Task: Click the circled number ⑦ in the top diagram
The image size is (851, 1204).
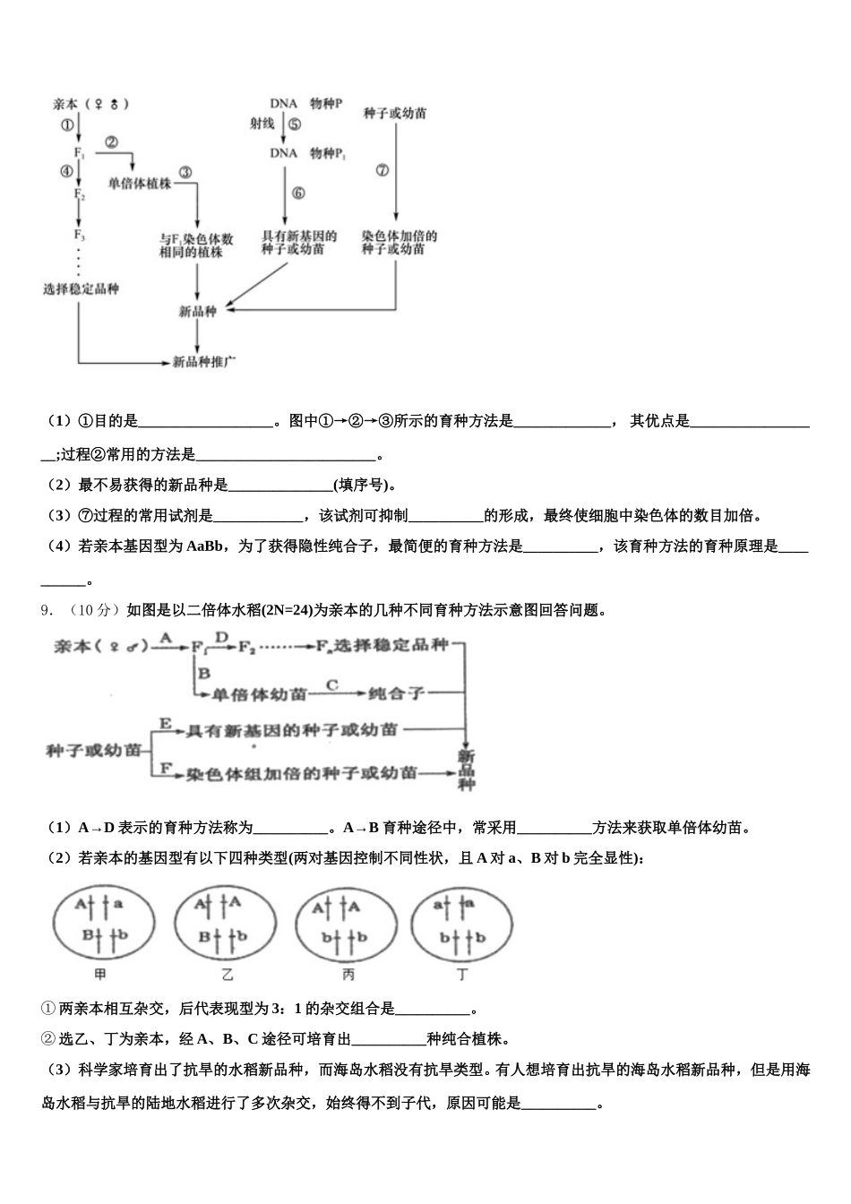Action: pyautogui.click(x=383, y=169)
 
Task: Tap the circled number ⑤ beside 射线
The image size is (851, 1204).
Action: pyautogui.click(x=295, y=125)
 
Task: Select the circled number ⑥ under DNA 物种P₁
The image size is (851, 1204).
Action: pyautogui.click(x=297, y=193)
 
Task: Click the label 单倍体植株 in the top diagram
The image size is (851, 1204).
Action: pyautogui.click(x=139, y=183)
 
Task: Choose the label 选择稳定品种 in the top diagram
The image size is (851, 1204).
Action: pyautogui.click(x=81, y=288)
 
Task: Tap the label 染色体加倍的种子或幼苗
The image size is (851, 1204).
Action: pyautogui.click(x=399, y=243)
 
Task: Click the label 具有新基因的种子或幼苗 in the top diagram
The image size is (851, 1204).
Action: pyautogui.click(x=299, y=243)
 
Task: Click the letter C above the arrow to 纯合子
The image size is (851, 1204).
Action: pyautogui.click(x=331, y=685)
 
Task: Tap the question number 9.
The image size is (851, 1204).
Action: pyautogui.click(x=46, y=610)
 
